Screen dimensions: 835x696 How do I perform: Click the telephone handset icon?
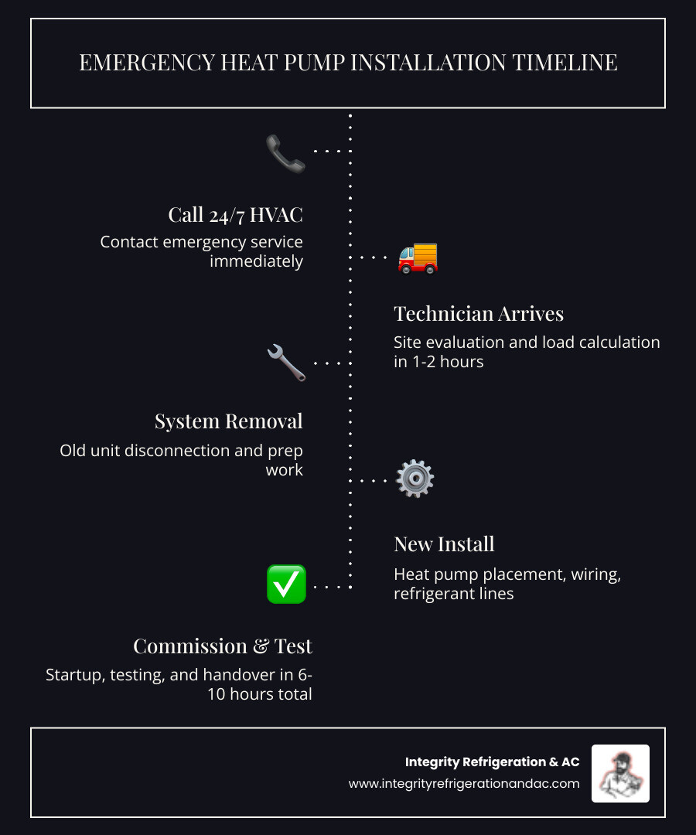click(285, 153)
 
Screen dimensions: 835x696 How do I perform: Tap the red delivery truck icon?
click(418, 258)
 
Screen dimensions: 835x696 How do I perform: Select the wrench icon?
click(286, 363)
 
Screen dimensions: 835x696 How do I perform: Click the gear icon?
click(415, 479)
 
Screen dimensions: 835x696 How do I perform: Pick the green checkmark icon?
click(286, 584)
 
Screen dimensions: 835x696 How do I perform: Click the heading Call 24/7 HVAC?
click(235, 214)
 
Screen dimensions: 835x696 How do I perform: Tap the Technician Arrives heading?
click(478, 313)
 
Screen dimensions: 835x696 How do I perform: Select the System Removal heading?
click(228, 421)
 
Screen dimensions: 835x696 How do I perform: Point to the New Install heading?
click(444, 544)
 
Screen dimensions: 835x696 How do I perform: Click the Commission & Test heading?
click(222, 646)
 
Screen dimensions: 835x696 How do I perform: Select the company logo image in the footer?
click(620, 773)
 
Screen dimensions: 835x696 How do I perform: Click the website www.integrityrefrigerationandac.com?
click(463, 783)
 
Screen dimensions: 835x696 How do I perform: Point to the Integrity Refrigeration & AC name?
click(492, 762)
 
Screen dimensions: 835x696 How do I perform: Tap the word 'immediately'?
click(256, 261)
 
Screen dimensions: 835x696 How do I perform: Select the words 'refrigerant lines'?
click(454, 594)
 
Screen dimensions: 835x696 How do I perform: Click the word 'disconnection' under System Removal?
click(203, 450)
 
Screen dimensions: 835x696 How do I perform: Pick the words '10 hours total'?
click(259, 694)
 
